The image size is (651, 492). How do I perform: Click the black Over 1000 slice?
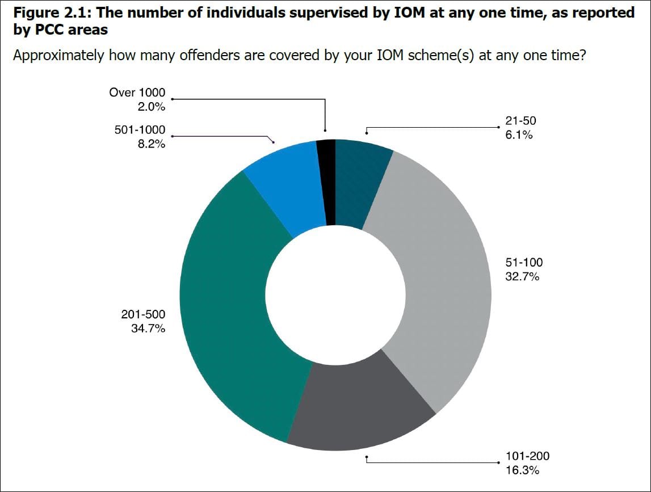click(x=326, y=182)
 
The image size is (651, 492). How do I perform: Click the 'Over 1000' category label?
click(x=137, y=92)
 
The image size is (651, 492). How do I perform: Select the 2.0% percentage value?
click(x=151, y=106)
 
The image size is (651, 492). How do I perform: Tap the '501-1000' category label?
click(x=139, y=131)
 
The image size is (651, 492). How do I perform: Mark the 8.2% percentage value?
click(x=151, y=144)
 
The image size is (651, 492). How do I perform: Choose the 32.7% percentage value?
click(x=522, y=277)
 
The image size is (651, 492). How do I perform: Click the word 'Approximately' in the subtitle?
click(x=58, y=56)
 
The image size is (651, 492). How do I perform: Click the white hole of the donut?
click(x=335, y=295)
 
